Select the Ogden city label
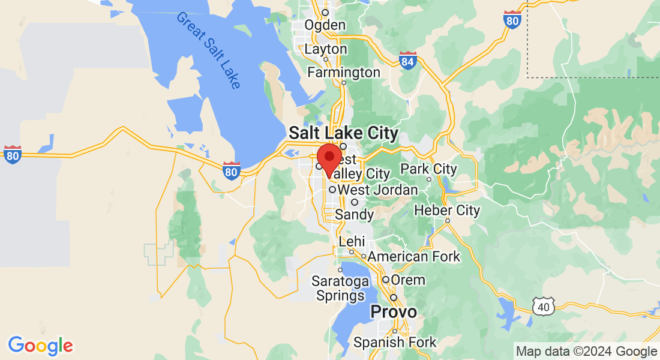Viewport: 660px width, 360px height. [x=325, y=25]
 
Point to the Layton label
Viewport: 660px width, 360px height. [x=326, y=49]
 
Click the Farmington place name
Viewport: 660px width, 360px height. [x=344, y=73]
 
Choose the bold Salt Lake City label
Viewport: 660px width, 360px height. [x=343, y=133]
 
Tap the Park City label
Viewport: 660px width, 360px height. [x=428, y=169]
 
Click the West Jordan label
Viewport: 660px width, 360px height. [x=377, y=190]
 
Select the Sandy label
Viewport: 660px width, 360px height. [x=354, y=214]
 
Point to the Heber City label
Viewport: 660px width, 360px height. [x=448, y=211]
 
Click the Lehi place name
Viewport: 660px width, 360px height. [x=352, y=241]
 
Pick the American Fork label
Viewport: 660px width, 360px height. [x=414, y=257]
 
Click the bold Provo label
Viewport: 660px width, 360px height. [x=394, y=312]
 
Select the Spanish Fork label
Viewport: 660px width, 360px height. [x=395, y=343]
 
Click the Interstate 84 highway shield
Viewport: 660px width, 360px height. [x=408, y=60]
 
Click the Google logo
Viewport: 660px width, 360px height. [x=40, y=346]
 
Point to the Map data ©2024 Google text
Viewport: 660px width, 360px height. [x=587, y=352]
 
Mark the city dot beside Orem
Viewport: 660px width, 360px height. [x=386, y=280]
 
